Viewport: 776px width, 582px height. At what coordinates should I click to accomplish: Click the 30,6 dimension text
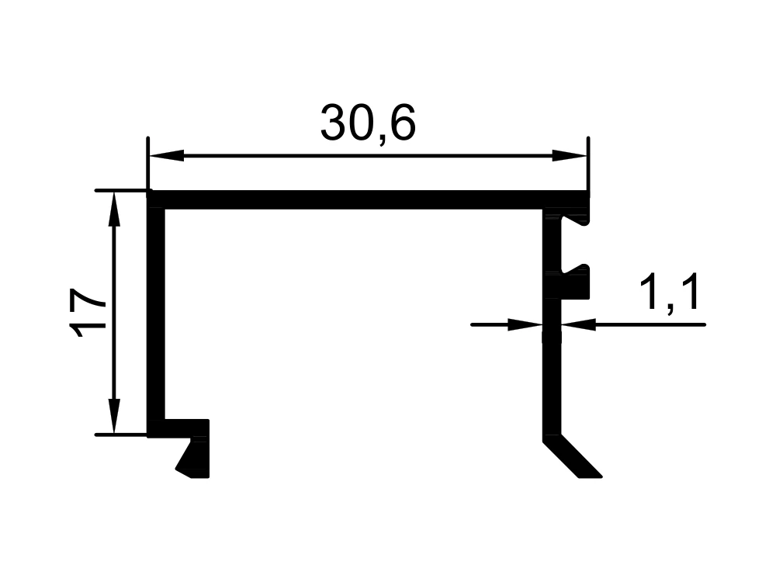pos(368,123)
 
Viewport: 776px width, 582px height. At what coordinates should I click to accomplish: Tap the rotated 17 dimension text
pos(87,313)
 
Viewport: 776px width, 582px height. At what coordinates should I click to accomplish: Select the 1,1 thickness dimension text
pos(669,293)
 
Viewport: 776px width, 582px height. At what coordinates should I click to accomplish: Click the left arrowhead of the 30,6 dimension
pos(166,155)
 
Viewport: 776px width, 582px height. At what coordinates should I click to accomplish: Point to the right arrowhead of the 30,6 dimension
pos(569,155)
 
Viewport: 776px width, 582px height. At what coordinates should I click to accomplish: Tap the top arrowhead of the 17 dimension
pos(114,210)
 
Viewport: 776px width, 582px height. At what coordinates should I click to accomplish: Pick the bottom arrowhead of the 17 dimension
pos(114,416)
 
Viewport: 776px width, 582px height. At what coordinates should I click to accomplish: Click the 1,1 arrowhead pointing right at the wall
pos(525,324)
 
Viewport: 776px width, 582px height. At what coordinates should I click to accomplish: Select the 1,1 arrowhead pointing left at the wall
pos(579,324)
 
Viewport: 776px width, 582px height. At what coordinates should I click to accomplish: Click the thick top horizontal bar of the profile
pos(368,200)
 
